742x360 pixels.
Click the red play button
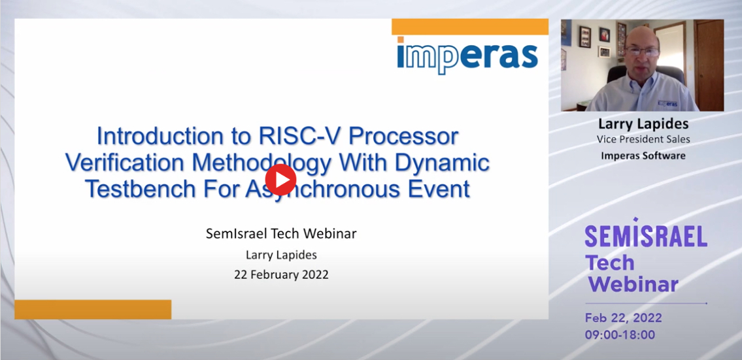point(280,180)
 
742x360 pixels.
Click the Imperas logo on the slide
point(467,56)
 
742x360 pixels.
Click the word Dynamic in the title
point(442,163)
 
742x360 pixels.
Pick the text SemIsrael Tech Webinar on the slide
point(281,234)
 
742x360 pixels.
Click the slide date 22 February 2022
point(281,275)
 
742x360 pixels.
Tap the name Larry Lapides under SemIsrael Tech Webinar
point(281,255)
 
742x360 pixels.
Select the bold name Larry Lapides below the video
point(643,124)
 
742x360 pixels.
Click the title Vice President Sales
point(643,140)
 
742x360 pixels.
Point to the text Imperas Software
point(643,155)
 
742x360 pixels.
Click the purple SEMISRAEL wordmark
point(646,235)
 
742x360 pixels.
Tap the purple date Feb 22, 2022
point(623,318)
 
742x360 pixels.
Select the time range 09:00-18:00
point(620,335)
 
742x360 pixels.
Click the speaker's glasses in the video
point(642,52)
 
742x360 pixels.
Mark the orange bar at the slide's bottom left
point(93,310)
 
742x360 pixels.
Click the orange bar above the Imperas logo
point(470,27)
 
